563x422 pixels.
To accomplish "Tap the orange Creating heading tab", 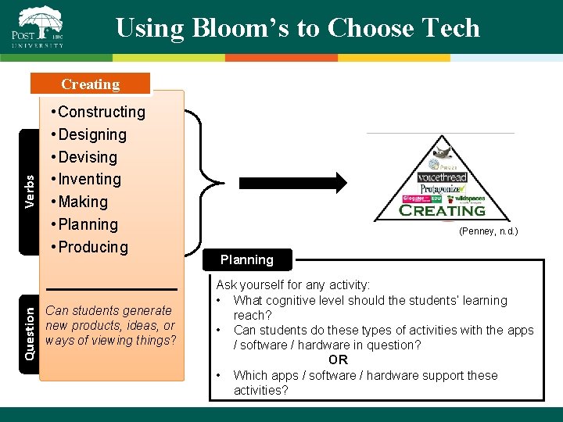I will (x=91, y=84).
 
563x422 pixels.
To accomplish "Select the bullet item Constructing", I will (x=102, y=112).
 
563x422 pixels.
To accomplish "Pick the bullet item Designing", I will (x=92, y=134).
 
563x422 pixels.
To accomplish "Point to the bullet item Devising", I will (x=88, y=157).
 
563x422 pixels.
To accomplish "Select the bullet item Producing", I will (x=93, y=247).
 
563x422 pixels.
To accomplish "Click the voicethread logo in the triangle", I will (x=442, y=177).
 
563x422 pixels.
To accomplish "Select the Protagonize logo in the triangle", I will (x=443, y=189).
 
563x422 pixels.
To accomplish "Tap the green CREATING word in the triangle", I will (x=443, y=210).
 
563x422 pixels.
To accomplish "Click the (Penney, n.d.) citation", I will (x=488, y=231).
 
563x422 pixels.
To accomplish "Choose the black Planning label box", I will (x=247, y=260).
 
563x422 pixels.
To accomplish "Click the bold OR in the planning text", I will (x=338, y=360).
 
